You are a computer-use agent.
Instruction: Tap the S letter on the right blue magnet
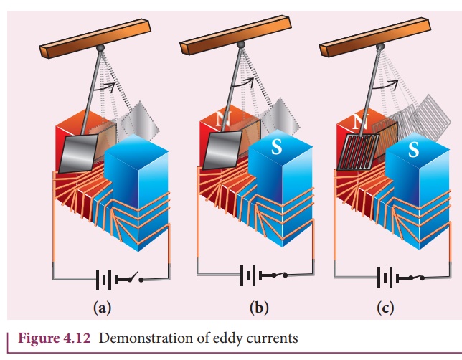point(413,151)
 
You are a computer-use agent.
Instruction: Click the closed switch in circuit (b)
point(275,275)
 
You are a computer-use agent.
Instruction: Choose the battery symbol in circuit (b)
point(249,275)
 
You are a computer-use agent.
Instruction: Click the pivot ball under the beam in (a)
point(101,47)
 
